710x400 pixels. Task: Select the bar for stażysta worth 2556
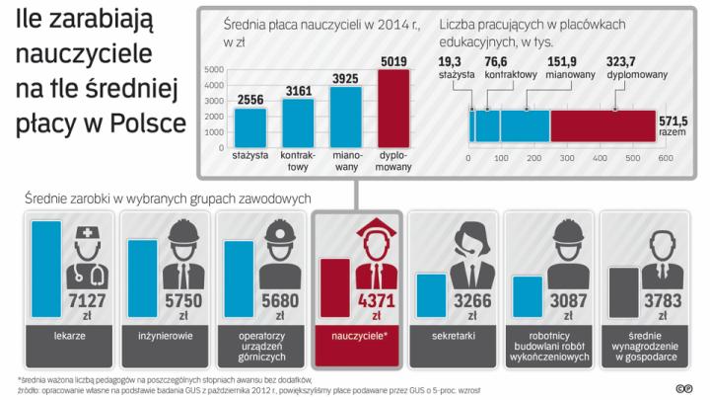(250, 125)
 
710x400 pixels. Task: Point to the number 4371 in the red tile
(376, 301)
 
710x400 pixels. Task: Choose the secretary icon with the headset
(463, 253)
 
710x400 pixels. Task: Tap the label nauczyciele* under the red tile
(356, 337)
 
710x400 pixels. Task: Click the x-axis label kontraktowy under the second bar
(299, 159)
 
